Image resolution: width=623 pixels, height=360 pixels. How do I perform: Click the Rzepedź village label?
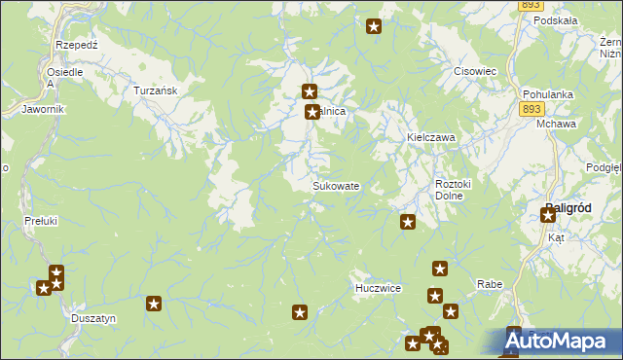pyautogui.click(x=75, y=45)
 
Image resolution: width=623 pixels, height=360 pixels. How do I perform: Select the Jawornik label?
pyautogui.click(x=43, y=109)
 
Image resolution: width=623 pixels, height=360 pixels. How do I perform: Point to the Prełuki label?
pyautogui.click(x=41, y=222)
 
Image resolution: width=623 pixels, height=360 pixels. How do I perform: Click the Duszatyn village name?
pyautogui.click(x=94, y=318)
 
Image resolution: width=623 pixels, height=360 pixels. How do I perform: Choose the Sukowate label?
pyautogui.click(x=336, y=186)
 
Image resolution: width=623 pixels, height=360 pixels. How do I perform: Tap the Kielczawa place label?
pyautogui.click(x=430, y=138)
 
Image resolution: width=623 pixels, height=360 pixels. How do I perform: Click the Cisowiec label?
pyautogui.click(x=476, y=72)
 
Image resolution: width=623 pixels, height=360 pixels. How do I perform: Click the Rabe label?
pyautogui.click(x=489, y=284)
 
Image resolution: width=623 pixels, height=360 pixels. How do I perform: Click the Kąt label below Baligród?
pyautogui.click(x=556, y=237)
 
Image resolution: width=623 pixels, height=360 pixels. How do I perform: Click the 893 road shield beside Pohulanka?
pyautogui.click(x=531, y=110)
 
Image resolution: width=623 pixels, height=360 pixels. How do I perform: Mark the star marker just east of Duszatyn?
pyautogui.click(x=154, y=305)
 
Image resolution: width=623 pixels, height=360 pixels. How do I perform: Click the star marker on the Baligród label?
pyautogui.click(x=548, y=215)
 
